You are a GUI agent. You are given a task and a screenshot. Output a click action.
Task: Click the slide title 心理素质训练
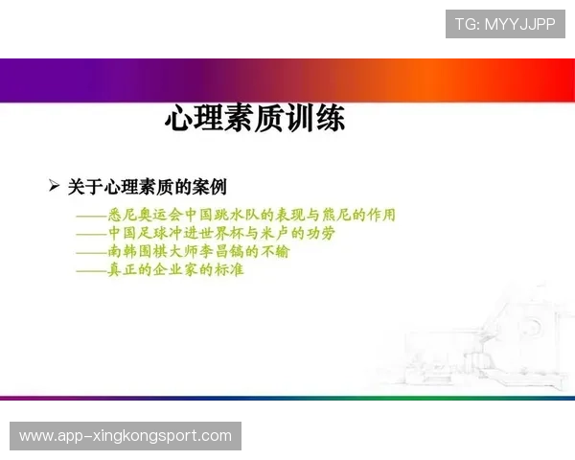click(x=255, y=120)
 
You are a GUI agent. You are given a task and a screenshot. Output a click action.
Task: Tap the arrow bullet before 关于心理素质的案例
click(x=54, y=184)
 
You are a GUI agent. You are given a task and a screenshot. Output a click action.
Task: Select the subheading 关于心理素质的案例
click(x=147, y=186)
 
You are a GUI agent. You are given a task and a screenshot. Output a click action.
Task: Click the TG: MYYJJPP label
click(x=505, y=24)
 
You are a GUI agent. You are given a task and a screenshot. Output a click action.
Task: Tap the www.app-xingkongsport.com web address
click(x=126, y=436)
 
